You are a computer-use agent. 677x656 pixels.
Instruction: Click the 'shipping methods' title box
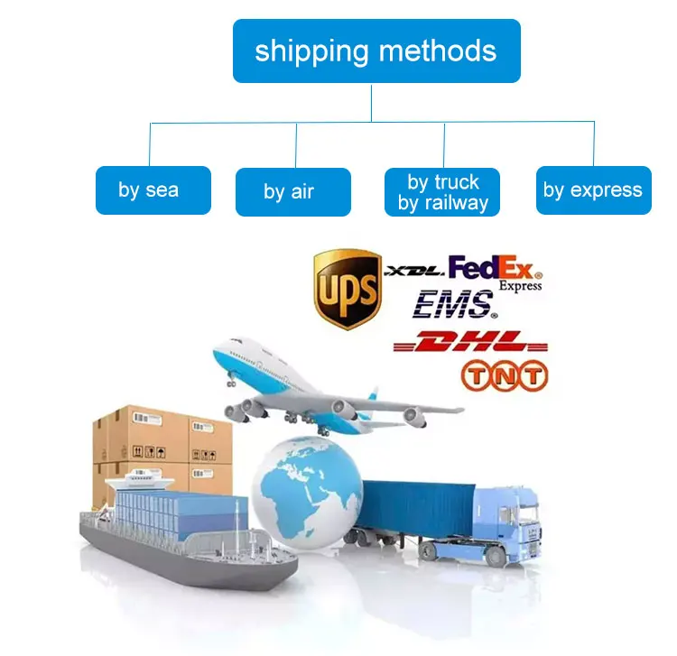[376, 51]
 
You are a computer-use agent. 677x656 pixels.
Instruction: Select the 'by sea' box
[153, 190]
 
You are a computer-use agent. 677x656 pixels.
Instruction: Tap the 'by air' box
[292, 191]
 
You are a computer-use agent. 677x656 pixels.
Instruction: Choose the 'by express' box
[592, 190]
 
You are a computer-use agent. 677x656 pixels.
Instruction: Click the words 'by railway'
[442, 203]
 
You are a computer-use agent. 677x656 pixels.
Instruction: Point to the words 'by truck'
[442, 181]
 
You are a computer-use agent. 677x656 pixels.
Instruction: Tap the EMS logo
[454, 305]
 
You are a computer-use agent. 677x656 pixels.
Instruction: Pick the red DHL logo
[469, 342]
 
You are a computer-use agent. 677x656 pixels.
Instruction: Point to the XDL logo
[413, 269]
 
